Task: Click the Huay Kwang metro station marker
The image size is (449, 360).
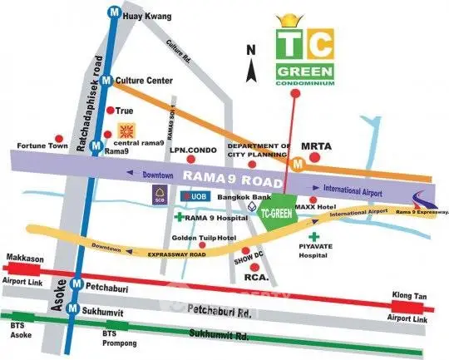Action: (112, 13)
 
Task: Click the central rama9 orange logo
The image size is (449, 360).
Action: (126, 131)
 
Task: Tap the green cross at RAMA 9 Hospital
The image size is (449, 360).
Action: (180, 218)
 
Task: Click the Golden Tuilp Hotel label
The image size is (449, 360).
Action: (199, 239)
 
